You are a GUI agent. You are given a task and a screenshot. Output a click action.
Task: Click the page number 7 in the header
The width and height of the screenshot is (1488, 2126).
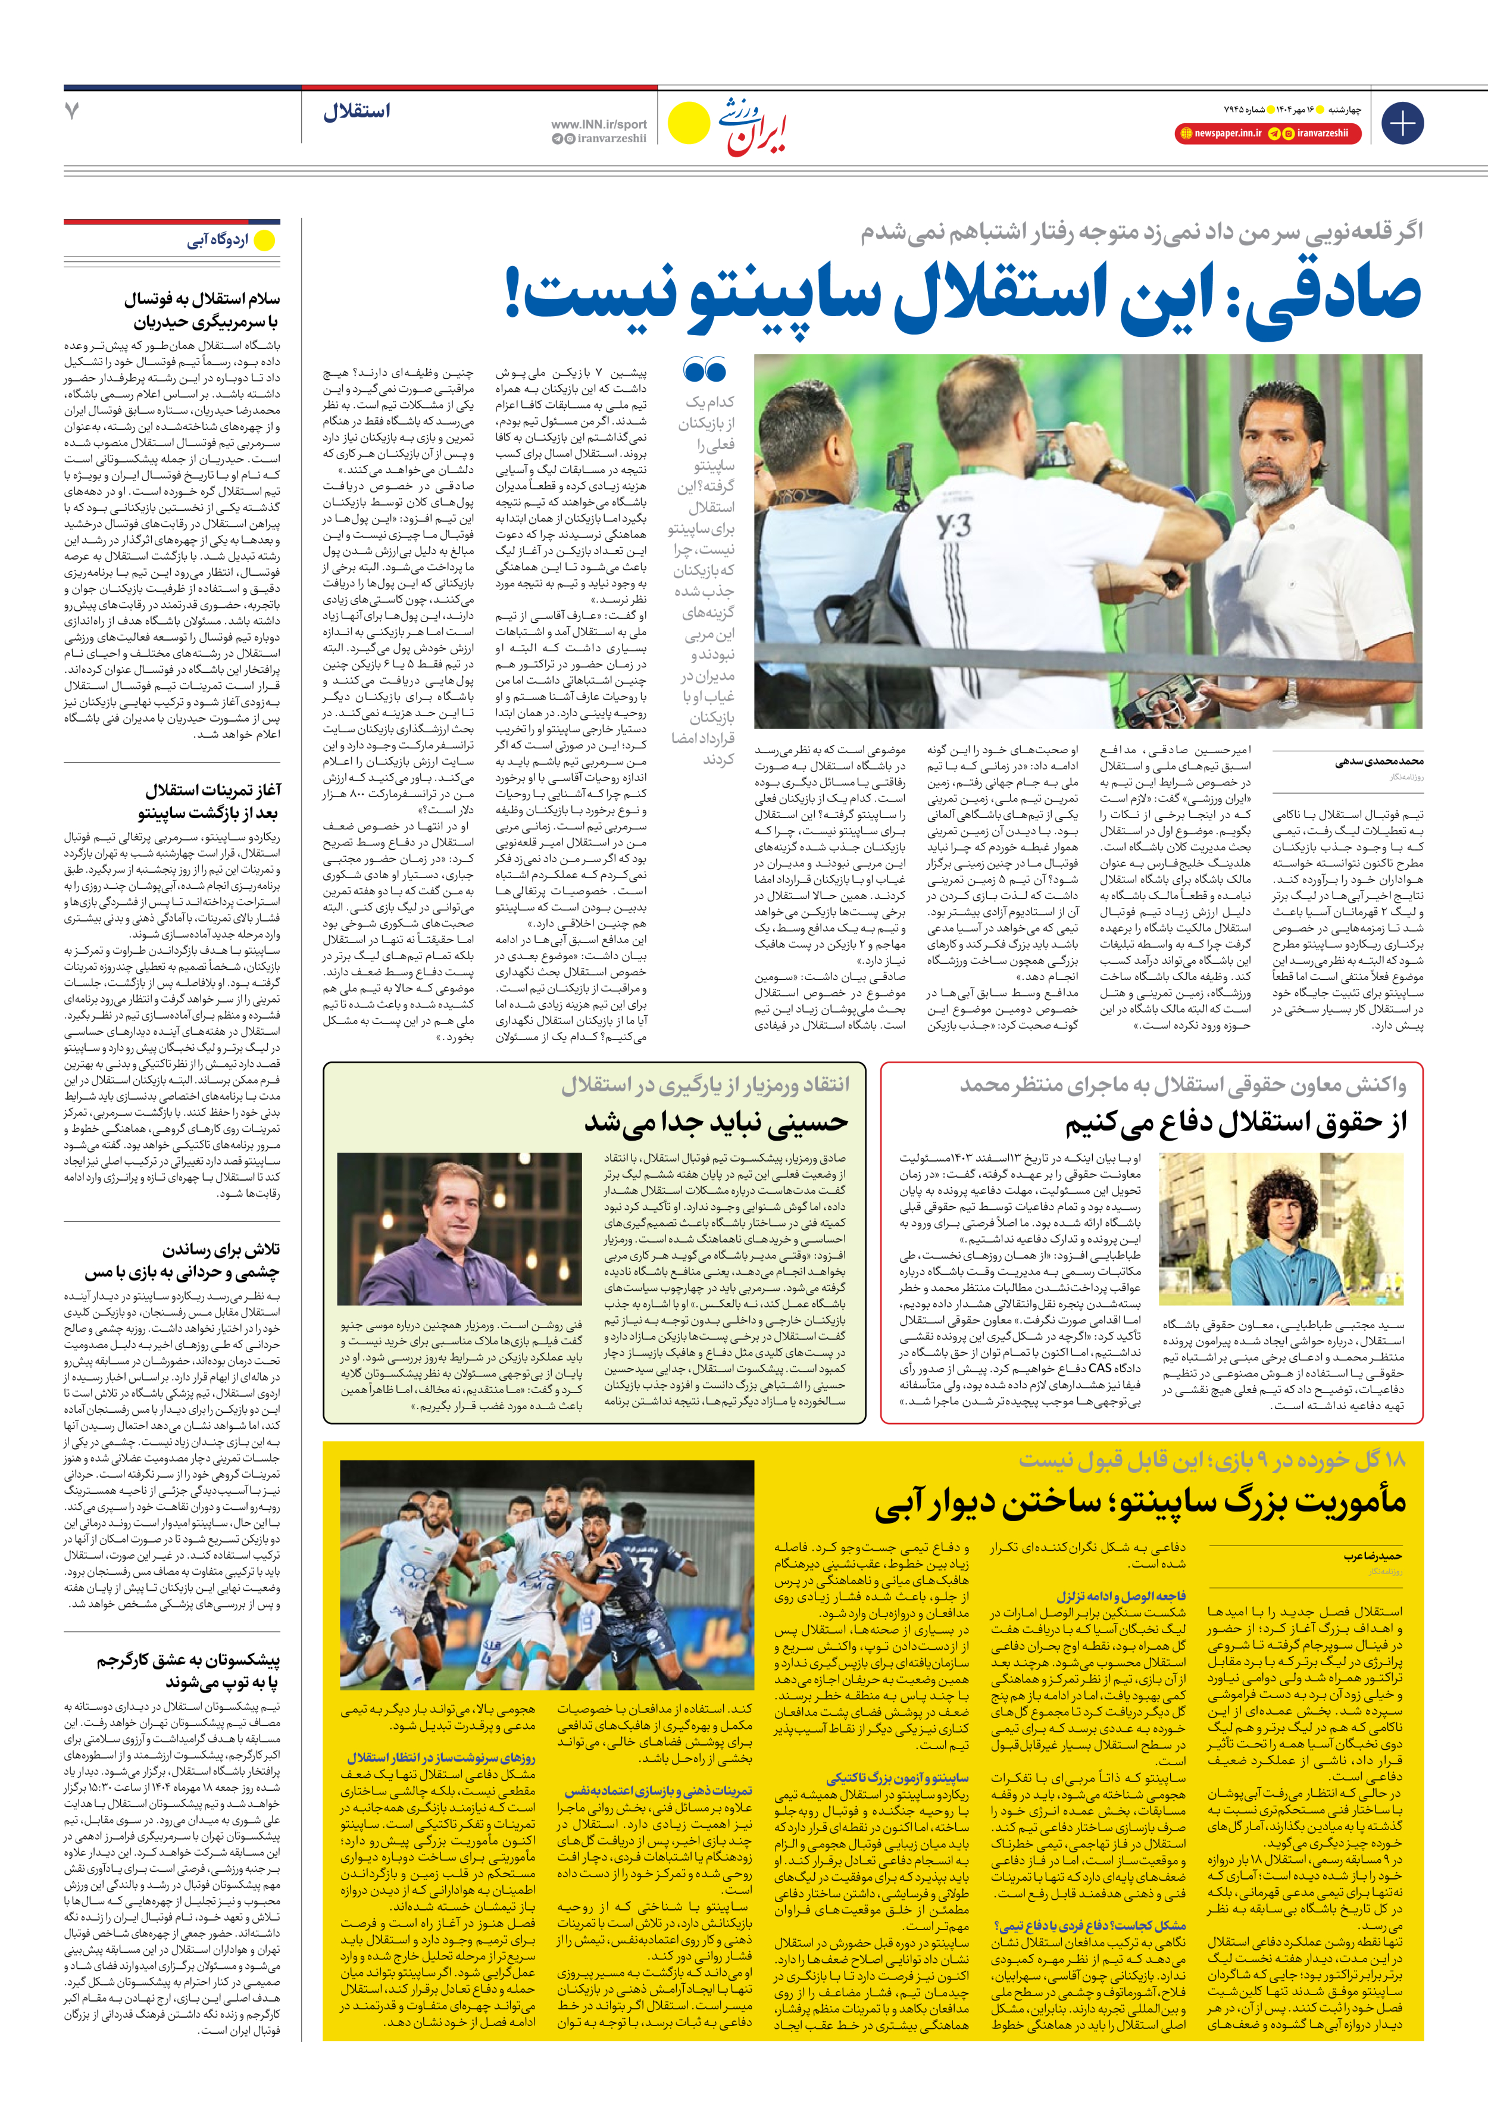(x=72, y=111)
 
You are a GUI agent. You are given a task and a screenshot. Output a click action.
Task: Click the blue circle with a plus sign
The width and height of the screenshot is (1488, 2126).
(x=1402, y=123)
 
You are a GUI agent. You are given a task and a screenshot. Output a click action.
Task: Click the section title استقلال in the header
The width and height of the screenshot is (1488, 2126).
(x=357, y=112)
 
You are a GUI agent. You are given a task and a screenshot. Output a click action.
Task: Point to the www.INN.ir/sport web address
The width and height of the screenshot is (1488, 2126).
(x=598, y=124)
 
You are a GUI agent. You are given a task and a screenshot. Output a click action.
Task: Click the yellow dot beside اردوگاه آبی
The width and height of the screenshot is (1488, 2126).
(x=265, y=241)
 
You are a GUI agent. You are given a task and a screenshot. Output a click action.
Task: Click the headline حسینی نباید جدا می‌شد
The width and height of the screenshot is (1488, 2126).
(x=716, y=1122)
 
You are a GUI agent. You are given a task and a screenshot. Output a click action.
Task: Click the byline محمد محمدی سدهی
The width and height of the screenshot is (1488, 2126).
(x=1378, y=762)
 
